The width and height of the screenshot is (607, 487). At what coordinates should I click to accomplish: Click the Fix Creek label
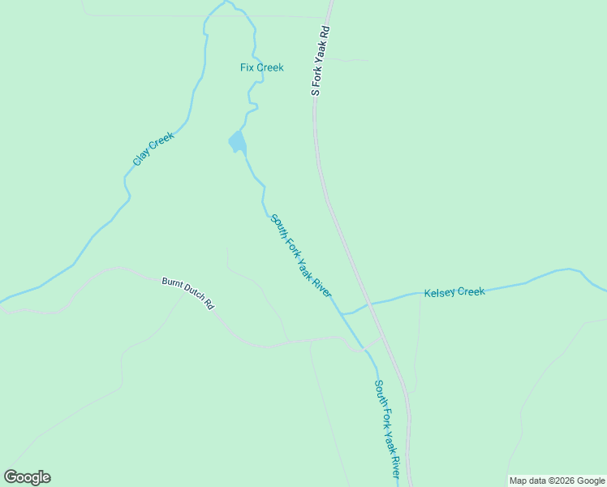coord(262,67)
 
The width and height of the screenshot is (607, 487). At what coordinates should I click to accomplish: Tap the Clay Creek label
coord(153,149)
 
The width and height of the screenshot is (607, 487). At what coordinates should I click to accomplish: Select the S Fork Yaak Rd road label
coord(322,61)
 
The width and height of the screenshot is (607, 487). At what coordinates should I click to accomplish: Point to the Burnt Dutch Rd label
coord(187,293)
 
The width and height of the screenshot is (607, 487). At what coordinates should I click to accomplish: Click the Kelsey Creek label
coord(454,291)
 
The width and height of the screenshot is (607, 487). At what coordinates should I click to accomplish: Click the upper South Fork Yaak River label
coord(301,256)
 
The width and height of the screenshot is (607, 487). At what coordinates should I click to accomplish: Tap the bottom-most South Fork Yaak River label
coord(388,430)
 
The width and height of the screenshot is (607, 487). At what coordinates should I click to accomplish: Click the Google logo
coord(27,477)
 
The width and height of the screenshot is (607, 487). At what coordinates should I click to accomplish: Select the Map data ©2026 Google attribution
coord(557,481)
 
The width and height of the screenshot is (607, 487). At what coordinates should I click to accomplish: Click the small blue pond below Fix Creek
coord(236,143)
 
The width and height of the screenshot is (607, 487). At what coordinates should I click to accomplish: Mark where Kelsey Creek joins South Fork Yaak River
coord(343,313)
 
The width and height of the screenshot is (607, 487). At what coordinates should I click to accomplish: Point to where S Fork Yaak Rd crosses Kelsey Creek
coord(370,303)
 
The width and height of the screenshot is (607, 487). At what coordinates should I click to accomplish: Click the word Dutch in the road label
coord(192,295)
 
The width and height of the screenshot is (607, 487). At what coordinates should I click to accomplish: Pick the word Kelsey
coord(439,292)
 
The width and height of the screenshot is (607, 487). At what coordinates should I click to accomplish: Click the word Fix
coord(248,67)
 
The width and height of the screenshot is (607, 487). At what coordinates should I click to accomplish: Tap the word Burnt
coord(171,285)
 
